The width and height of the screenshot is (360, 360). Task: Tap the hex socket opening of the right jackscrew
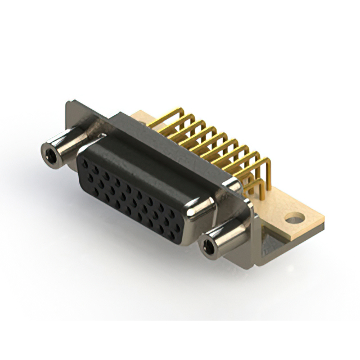[210, 247]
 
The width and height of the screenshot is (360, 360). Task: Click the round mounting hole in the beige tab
[294, 218]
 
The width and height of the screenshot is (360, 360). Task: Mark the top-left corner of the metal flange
[68, 103]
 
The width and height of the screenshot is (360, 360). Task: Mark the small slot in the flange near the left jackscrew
[101, 136]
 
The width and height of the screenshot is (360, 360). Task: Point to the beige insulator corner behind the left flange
[141, 117]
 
